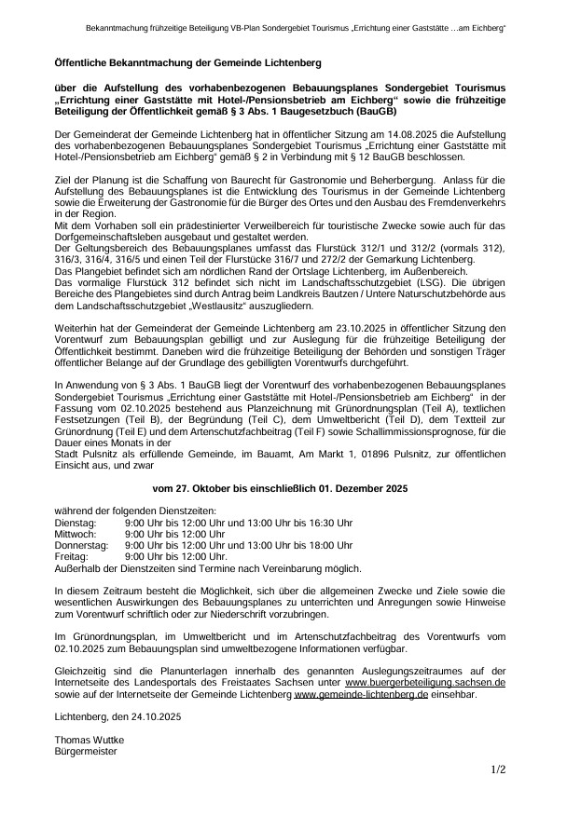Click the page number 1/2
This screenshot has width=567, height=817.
(x=498, y=770)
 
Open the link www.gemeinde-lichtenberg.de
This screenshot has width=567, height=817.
(x=361, y=693)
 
